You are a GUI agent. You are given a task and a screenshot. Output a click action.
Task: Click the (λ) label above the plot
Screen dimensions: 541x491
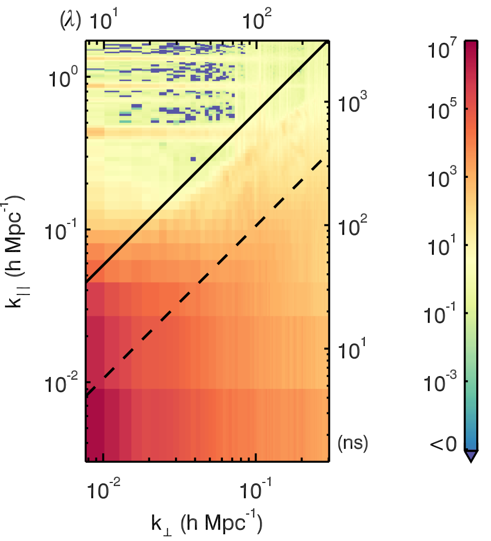(x=70, y=21)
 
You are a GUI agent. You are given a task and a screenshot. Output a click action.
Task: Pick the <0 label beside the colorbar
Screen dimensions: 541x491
(x=443, y=444)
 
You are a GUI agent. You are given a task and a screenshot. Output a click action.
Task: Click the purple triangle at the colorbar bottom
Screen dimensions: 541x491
(x=471, y=456)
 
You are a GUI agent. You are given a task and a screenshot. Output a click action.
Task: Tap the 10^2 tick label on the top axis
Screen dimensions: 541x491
(x=257, y=21)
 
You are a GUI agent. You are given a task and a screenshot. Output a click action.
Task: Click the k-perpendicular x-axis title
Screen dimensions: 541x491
(x=207, y=523)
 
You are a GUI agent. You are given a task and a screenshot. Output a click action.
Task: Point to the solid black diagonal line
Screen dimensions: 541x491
(x=207, y=161)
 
